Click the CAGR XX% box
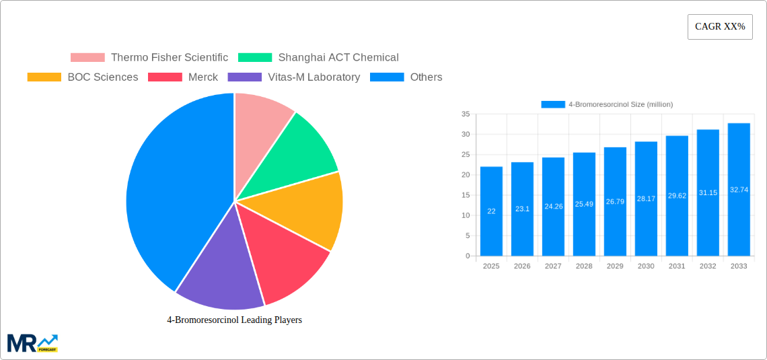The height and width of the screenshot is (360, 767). click(x=720, y=27)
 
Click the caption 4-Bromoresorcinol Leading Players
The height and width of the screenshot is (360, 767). click(x=234, y=320)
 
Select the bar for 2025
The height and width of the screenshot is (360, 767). click(x=491, y=211)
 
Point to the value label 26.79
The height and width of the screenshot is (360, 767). click(x=615, y=202)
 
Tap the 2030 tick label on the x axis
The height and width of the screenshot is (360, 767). click(x=646, y=266)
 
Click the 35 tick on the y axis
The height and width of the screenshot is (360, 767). click(x=466, y=114)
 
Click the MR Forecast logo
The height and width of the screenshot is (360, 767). click(x=32, y=343)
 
